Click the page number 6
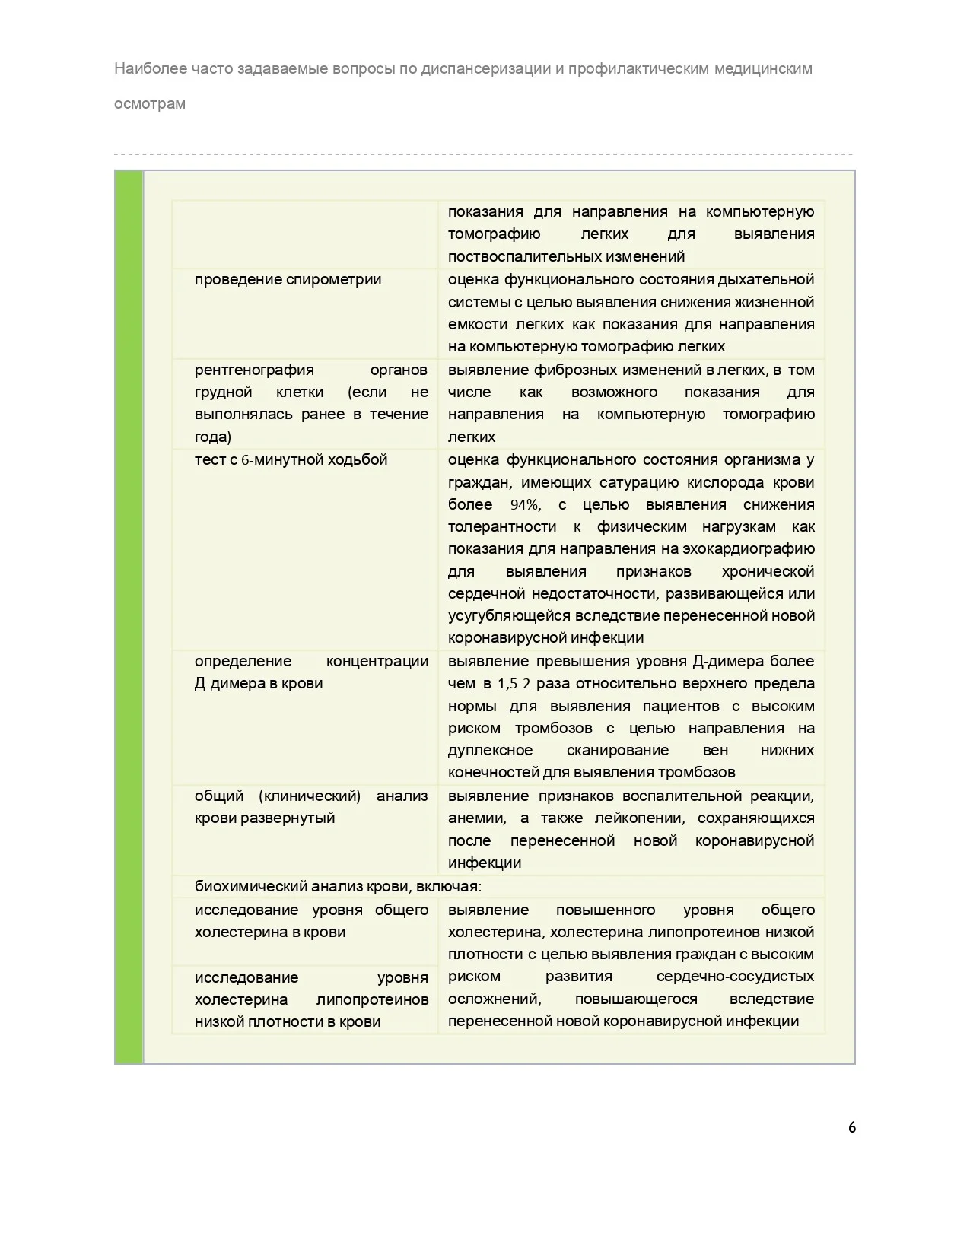pyautogui.click(x=851, y=1127)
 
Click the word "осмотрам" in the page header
pyautogui.click(x=150, y=103)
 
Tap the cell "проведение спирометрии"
pyautogui.click(x=288, y=279)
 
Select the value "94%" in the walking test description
pyautogui.click(x=525, y=505)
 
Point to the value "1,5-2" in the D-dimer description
pyautogui.click(x=514, y=684)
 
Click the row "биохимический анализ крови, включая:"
pyautogui.click(x=338, y=886)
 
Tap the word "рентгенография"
pyautogui.click(x=254, y=370)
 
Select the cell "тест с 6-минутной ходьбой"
pyautogui.click(x=291, y=459)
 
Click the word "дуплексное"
pyautogui.click(x=490, y=751)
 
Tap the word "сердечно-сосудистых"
pyautogui.click(x=735, y=977)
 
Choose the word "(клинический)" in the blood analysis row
pyautogui.click(x=310, y=796)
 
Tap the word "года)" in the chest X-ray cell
pyautogui.click(x=213, y=437)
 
